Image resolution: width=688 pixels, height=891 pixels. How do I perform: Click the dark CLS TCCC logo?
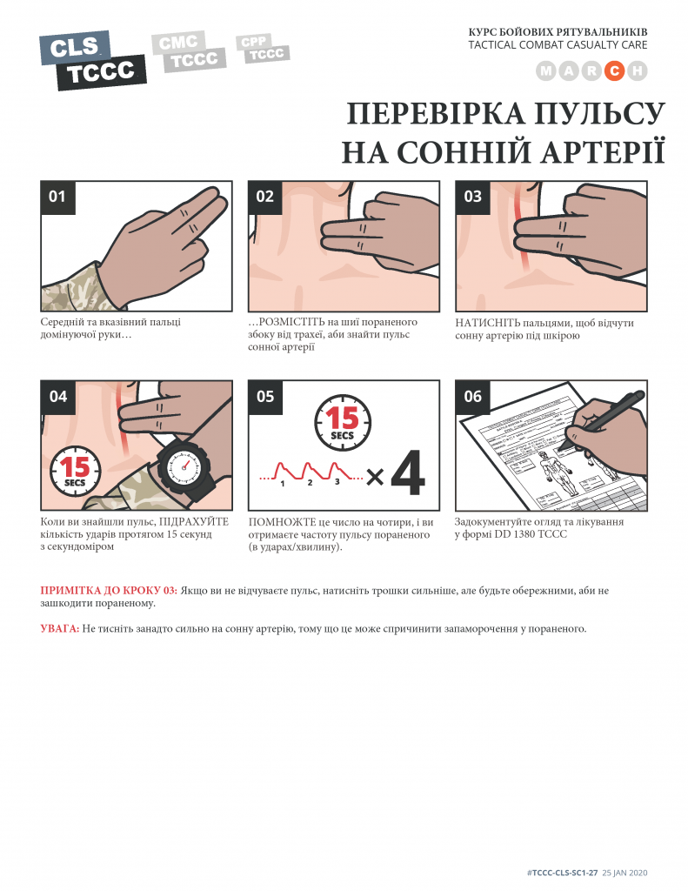pos(92,60)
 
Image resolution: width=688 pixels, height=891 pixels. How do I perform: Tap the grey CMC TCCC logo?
pos(189,51)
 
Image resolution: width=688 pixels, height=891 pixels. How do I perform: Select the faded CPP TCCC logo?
pos(263,49)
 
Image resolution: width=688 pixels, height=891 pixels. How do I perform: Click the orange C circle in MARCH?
pos(614,71)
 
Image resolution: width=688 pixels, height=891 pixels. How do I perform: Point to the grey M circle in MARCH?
pos(546,71)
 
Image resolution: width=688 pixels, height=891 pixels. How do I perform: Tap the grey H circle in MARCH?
pos(638,71)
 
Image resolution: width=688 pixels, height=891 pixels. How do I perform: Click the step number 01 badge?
pos(58,198)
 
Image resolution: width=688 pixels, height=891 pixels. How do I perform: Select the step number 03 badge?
pos(472,198)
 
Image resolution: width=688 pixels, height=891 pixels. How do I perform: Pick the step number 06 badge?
pos(472,397)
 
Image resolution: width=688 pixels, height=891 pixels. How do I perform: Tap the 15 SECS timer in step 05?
pos(343,423)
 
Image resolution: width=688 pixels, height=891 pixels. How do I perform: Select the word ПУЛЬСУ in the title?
pos(598,114)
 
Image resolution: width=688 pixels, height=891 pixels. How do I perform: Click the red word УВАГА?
pos(60,628)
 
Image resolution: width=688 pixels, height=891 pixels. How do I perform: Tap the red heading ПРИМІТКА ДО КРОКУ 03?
pos(109,591)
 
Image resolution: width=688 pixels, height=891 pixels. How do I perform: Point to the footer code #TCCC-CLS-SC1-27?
pos(563,873)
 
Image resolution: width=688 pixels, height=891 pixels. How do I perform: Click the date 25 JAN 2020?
pos(625,873)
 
